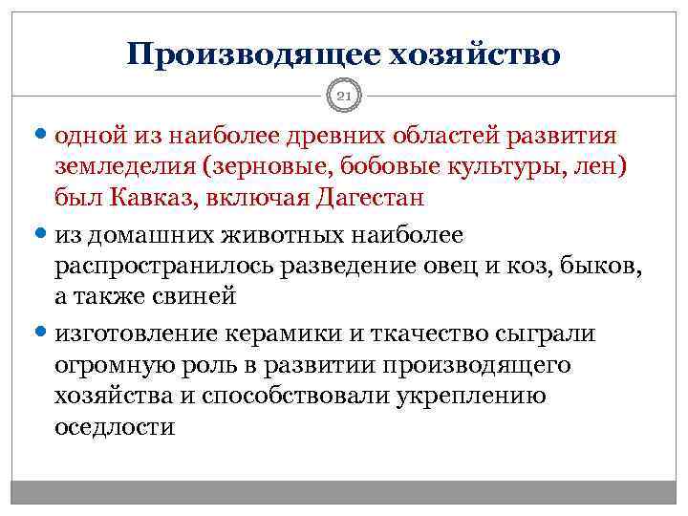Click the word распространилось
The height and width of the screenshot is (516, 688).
point(163,267)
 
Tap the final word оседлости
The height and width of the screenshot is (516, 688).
point(115,427)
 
